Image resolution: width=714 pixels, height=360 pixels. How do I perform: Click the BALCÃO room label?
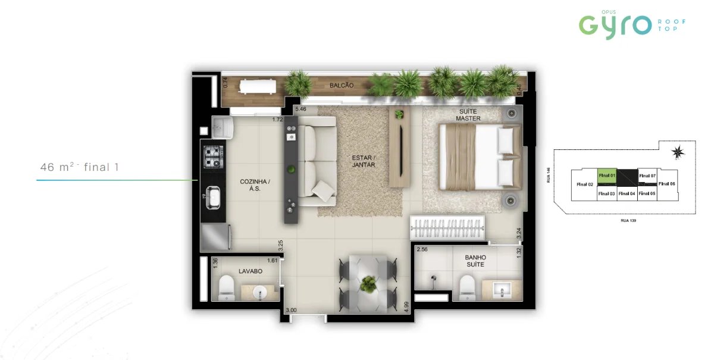[x=342, y=86]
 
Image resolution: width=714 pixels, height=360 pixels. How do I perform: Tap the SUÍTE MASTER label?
[x=468, y=115]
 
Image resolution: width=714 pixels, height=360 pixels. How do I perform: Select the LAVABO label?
[x=250, y=271]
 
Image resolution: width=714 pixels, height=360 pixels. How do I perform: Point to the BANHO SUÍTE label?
[x=475, y=261]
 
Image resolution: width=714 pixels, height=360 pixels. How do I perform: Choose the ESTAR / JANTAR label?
[x=363, y=161]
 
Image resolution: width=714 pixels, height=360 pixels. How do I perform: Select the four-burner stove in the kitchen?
[x=213, y=156]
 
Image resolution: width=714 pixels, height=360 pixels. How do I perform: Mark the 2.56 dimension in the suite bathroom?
[x=422, y=250]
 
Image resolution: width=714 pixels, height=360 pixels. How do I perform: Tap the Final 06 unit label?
[x=668, y=184]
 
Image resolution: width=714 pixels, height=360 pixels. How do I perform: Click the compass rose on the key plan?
[x=677, y=153]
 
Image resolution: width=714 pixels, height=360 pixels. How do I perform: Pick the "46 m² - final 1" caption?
[x=80, y=167]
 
